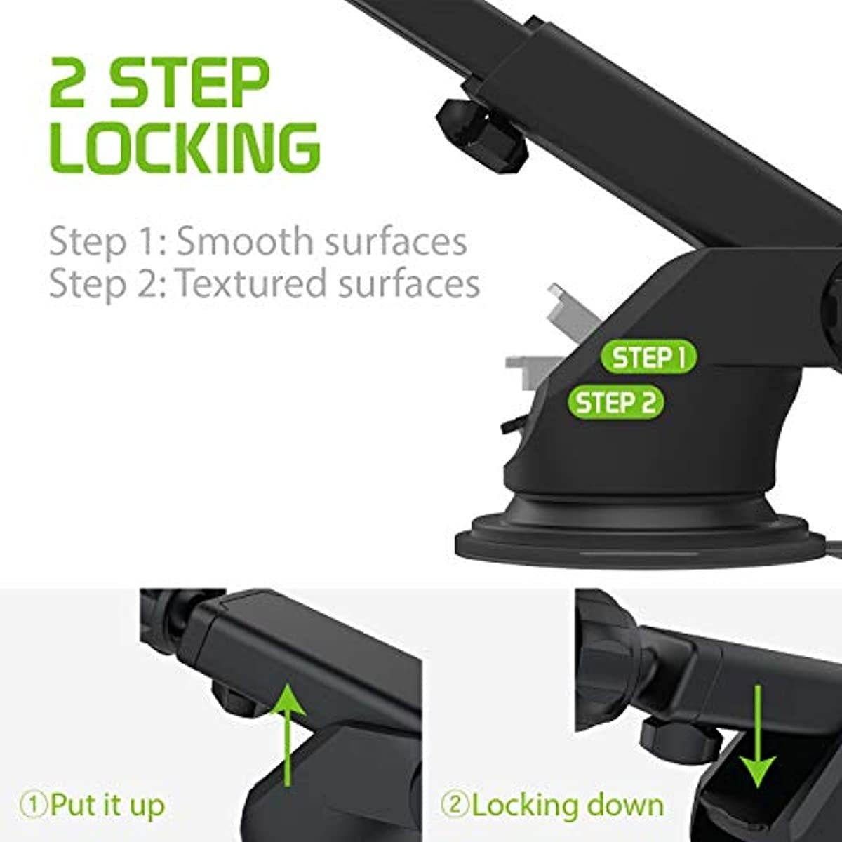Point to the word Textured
tap(251, 283)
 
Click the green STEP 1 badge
tap(648, 357)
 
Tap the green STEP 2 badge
tap(615, 403)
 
